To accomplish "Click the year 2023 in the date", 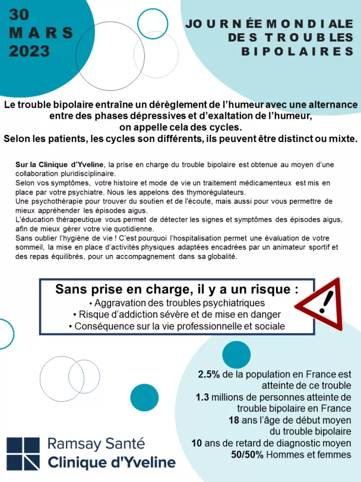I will [x=29, y=51].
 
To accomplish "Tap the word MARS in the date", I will [x=41, y=33].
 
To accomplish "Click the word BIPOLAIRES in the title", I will [x=297, y=52].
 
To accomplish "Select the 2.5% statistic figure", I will [x=209, y=374].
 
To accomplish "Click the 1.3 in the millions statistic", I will [x=202, y=397].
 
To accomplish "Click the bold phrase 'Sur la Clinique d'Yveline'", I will [x=61, y=164].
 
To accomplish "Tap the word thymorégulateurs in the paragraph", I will [x=212, y=193].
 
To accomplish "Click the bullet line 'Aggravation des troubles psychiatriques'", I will [x=176, y=303].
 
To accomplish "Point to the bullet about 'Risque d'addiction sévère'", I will [x=176, y=314].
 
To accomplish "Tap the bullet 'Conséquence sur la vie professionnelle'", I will [x=176, y=326].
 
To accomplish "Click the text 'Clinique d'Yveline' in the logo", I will [x=111, y=462].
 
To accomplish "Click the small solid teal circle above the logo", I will [x=144, y=397].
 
